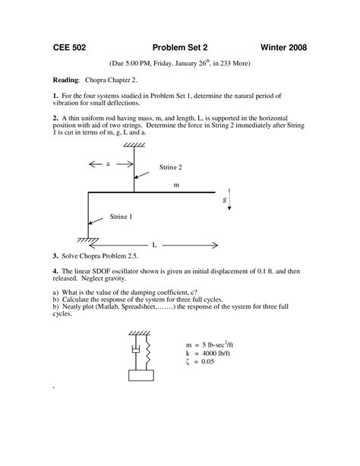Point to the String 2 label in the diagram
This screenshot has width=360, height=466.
tap(170, 166)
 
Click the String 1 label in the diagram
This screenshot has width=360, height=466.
tap(118, 217)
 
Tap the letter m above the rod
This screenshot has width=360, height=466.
tap(177, 184)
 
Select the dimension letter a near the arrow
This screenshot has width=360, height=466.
tap(107, 163)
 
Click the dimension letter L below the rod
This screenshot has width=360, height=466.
tap(153, 246)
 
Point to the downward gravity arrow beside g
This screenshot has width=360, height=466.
tap(236, 201)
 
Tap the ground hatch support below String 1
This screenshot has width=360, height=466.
tap(88, 240)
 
